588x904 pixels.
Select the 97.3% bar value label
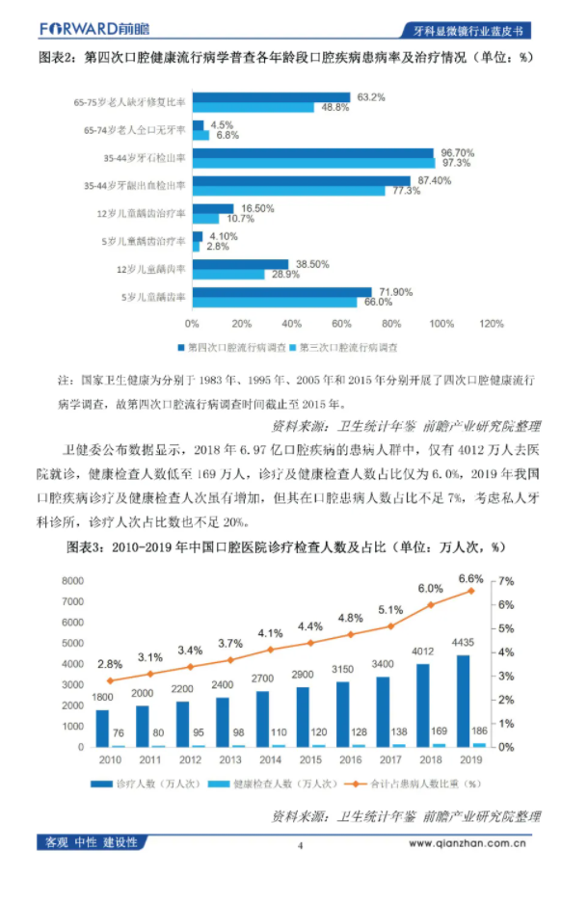(457, 163)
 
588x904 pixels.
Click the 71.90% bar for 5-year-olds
(281, 292)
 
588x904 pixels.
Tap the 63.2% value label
(371, 96)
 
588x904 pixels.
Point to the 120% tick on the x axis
(491, 323)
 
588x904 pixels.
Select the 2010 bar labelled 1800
(102, 728)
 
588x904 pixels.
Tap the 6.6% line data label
(469, 578)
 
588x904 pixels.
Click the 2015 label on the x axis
(309, 761)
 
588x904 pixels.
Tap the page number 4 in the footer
(300, 845)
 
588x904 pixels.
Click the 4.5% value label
(224, 124)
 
